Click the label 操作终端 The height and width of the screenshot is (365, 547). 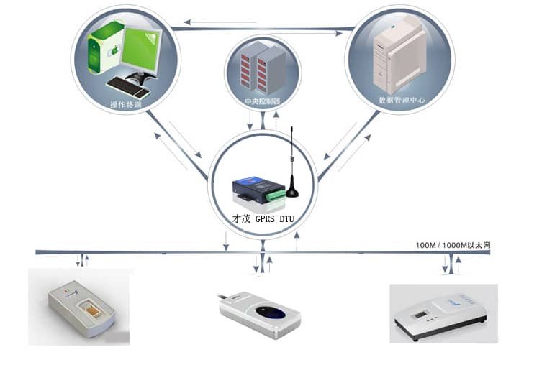[x=125, y=105]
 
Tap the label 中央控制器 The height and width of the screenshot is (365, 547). [x=262, y=101]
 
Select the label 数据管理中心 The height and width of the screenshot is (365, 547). [x=401, y=101]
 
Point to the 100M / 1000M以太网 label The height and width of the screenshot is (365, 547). [x=453, y=246]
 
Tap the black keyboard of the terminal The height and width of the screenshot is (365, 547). [x=129, y=87]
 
